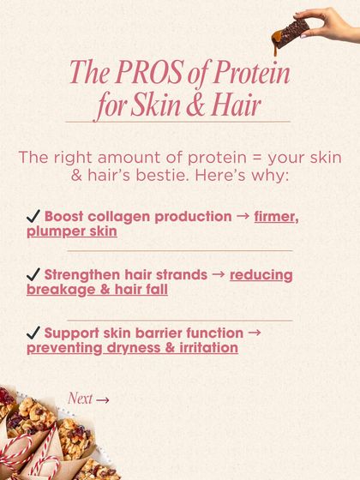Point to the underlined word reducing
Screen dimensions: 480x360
261,275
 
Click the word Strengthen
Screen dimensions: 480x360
82,275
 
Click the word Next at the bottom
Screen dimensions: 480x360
80,399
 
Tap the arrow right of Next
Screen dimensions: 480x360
103,399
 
